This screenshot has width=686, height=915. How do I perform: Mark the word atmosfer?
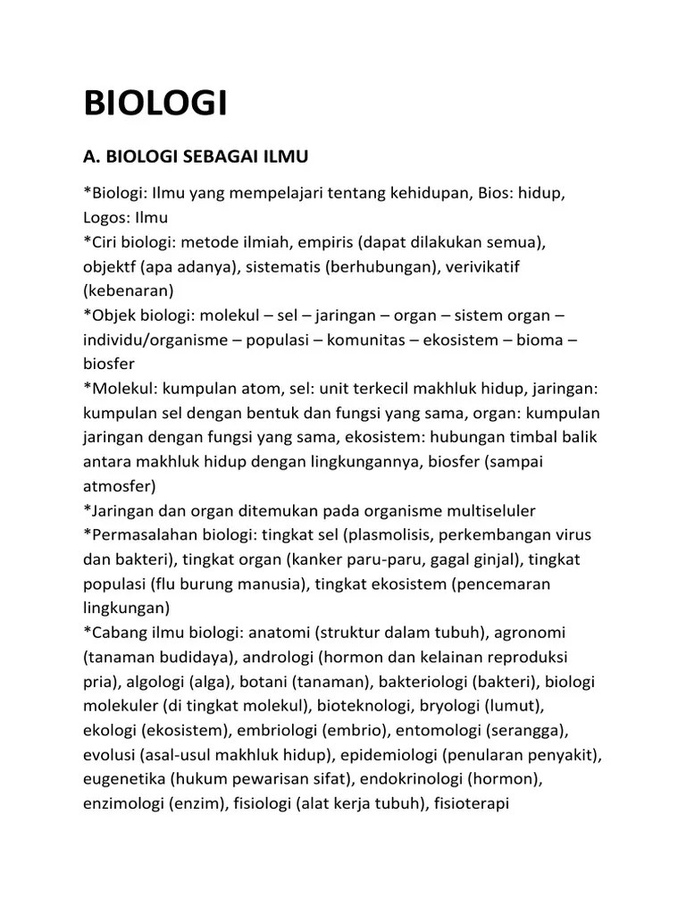pos(119,486)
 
